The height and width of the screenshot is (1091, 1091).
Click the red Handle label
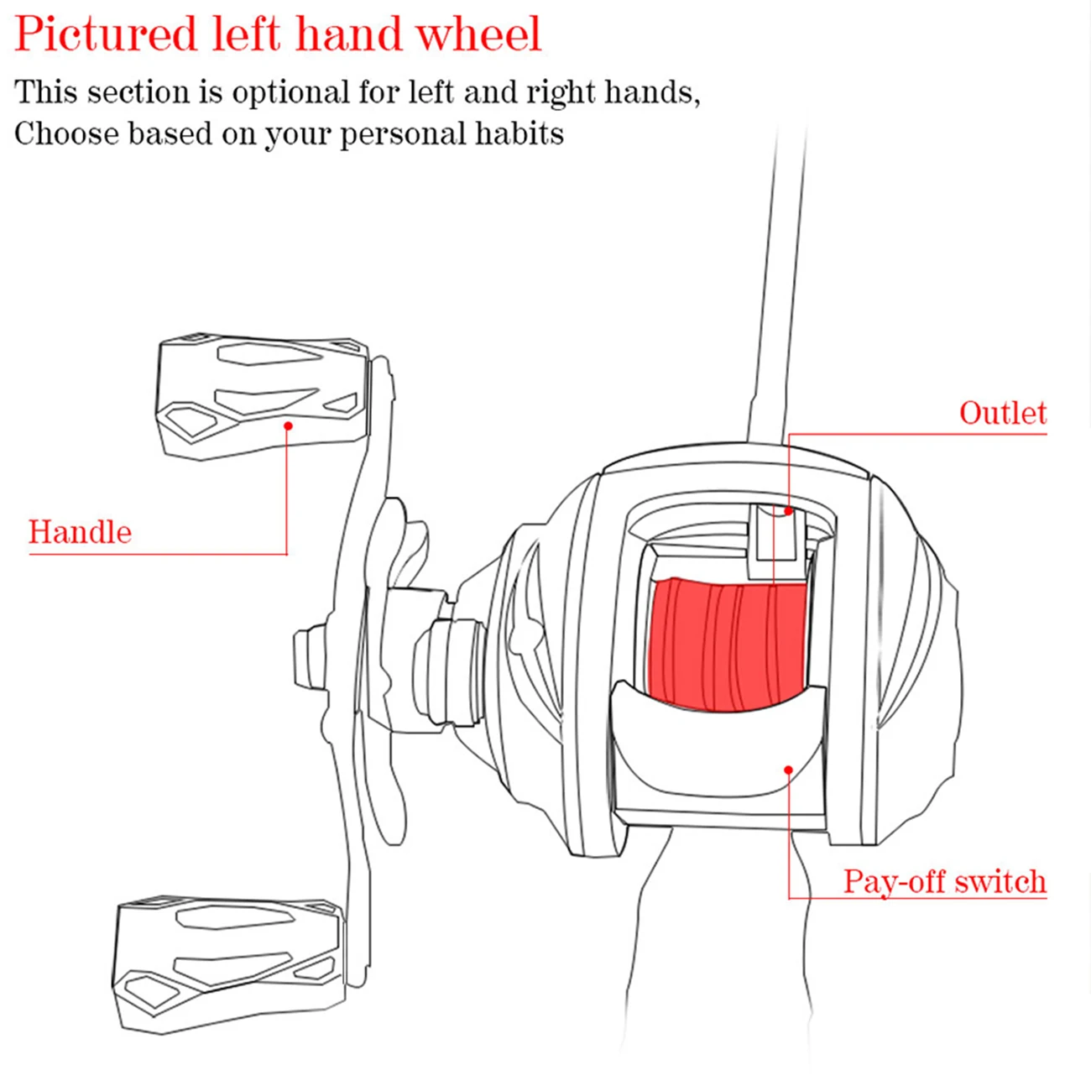[x=80, y=532]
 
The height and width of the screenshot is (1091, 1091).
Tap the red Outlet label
[x=1002, y=413]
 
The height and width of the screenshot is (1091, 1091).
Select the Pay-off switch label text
[x=944, y=882]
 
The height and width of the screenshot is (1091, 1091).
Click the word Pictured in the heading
[x=105, y=35]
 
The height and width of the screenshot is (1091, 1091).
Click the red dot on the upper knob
[x=288, y=426]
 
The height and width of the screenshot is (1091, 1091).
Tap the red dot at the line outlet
[x=788, y=510]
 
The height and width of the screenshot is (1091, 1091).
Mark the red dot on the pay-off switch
[x=788, y=769]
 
